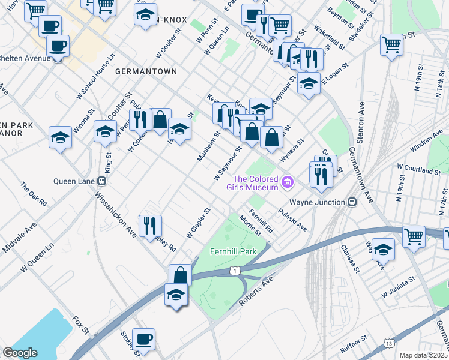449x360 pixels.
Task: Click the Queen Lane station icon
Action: pos(102,180)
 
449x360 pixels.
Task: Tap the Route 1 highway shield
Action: pos(234,272)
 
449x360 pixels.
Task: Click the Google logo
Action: pos(20,352)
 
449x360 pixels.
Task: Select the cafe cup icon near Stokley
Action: pos(143,339)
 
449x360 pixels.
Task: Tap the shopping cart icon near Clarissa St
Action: pos(414,236)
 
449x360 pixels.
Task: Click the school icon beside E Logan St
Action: pos(309,83)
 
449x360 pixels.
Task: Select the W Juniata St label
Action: pos(398,287)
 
